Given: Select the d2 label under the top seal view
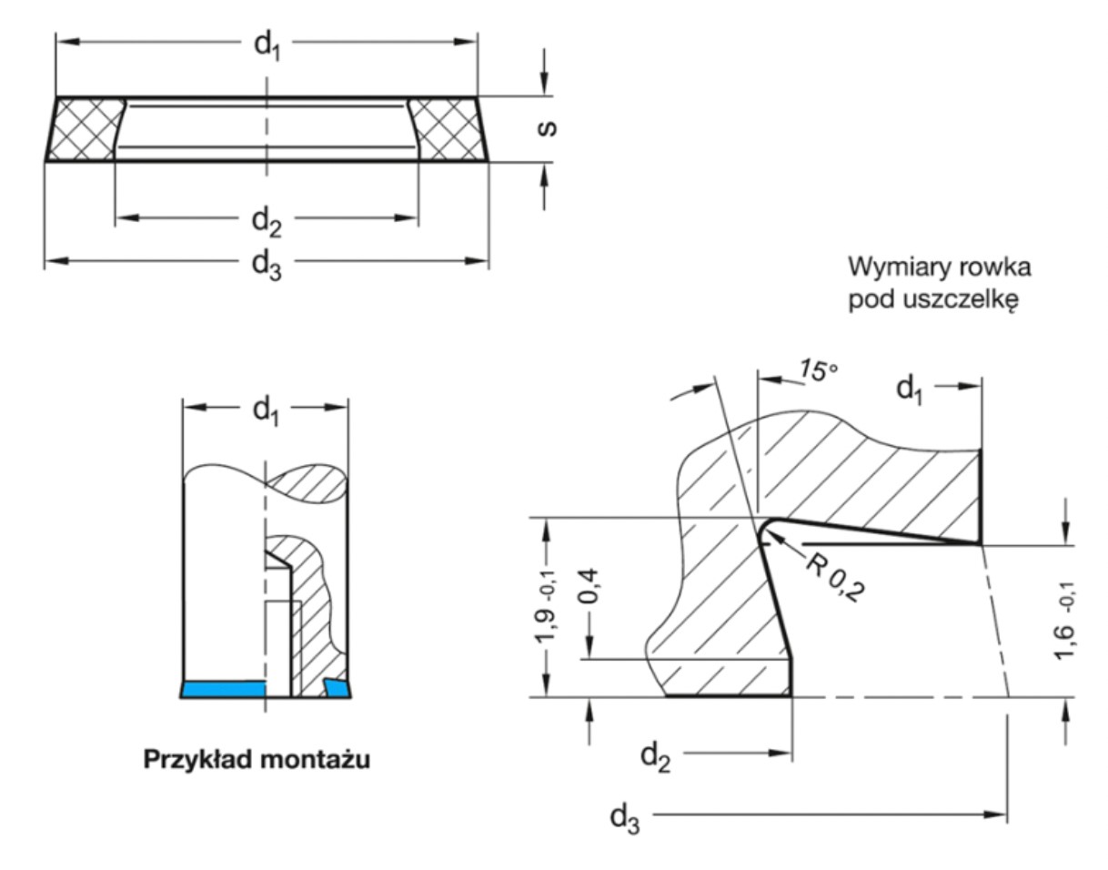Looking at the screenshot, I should click(266, 220).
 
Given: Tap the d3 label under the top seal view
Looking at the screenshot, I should click(266, 263).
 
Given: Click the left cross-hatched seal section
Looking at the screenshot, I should click(84, 129).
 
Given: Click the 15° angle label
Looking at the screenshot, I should click(816, 371).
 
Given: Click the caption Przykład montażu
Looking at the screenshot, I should click(257, 760).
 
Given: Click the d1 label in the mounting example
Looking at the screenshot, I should click(265, 410).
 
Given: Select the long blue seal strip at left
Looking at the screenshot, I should click(223, 690).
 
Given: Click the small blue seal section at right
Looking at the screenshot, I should click(338, 688).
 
